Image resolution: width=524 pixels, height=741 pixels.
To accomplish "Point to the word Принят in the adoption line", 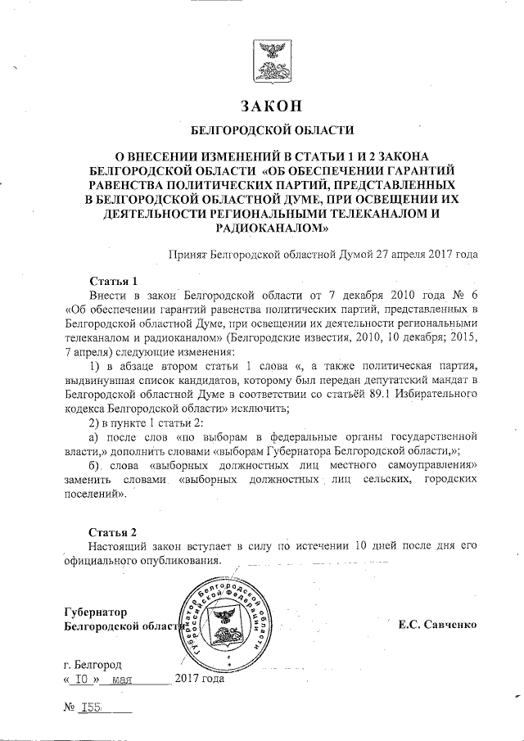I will [x=187, y=255].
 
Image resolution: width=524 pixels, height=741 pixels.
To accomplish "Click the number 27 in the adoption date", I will [x=385, y=255].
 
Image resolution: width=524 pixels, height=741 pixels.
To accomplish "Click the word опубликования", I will [x=181, y=561].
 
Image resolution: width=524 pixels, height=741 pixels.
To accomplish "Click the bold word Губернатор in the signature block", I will [x=97, y=612].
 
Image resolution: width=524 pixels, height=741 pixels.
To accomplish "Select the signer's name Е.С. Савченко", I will [x=438, y=626].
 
